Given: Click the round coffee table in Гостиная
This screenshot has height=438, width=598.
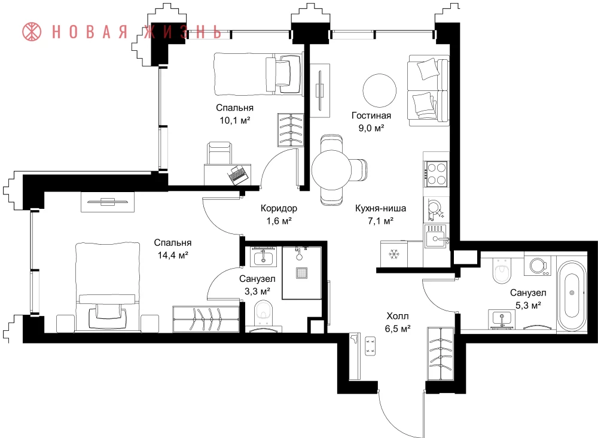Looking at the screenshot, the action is tap(380, 91).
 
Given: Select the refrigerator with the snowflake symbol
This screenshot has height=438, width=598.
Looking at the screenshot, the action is tap(393, 254).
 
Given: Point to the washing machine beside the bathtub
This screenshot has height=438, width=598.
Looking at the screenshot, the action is tap(538, 265).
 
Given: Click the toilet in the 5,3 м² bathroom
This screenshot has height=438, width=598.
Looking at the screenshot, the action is tap(502, 270).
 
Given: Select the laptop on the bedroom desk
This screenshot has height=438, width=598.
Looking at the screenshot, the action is tap(238, 175).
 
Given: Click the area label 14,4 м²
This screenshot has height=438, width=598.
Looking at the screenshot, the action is tap(173, 255).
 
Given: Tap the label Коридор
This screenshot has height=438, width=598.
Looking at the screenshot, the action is tap(279, 208).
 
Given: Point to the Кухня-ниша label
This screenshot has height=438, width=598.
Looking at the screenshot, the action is tap(380, 208).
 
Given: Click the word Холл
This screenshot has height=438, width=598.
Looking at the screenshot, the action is tap(398, 316).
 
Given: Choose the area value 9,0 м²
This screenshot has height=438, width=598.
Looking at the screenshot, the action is tap(371, 128).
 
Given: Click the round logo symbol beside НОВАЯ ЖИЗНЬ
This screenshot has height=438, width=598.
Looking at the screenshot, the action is tap(32, 32).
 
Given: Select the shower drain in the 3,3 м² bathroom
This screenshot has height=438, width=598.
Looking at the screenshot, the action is tap(301, 273).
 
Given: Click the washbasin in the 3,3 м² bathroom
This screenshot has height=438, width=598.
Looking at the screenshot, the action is tap(263, 257).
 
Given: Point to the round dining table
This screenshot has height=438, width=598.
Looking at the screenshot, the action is tap(331, 170).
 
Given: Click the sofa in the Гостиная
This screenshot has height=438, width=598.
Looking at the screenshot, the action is tap(428, 90).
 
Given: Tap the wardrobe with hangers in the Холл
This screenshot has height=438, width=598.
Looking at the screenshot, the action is tap(441, 353).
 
